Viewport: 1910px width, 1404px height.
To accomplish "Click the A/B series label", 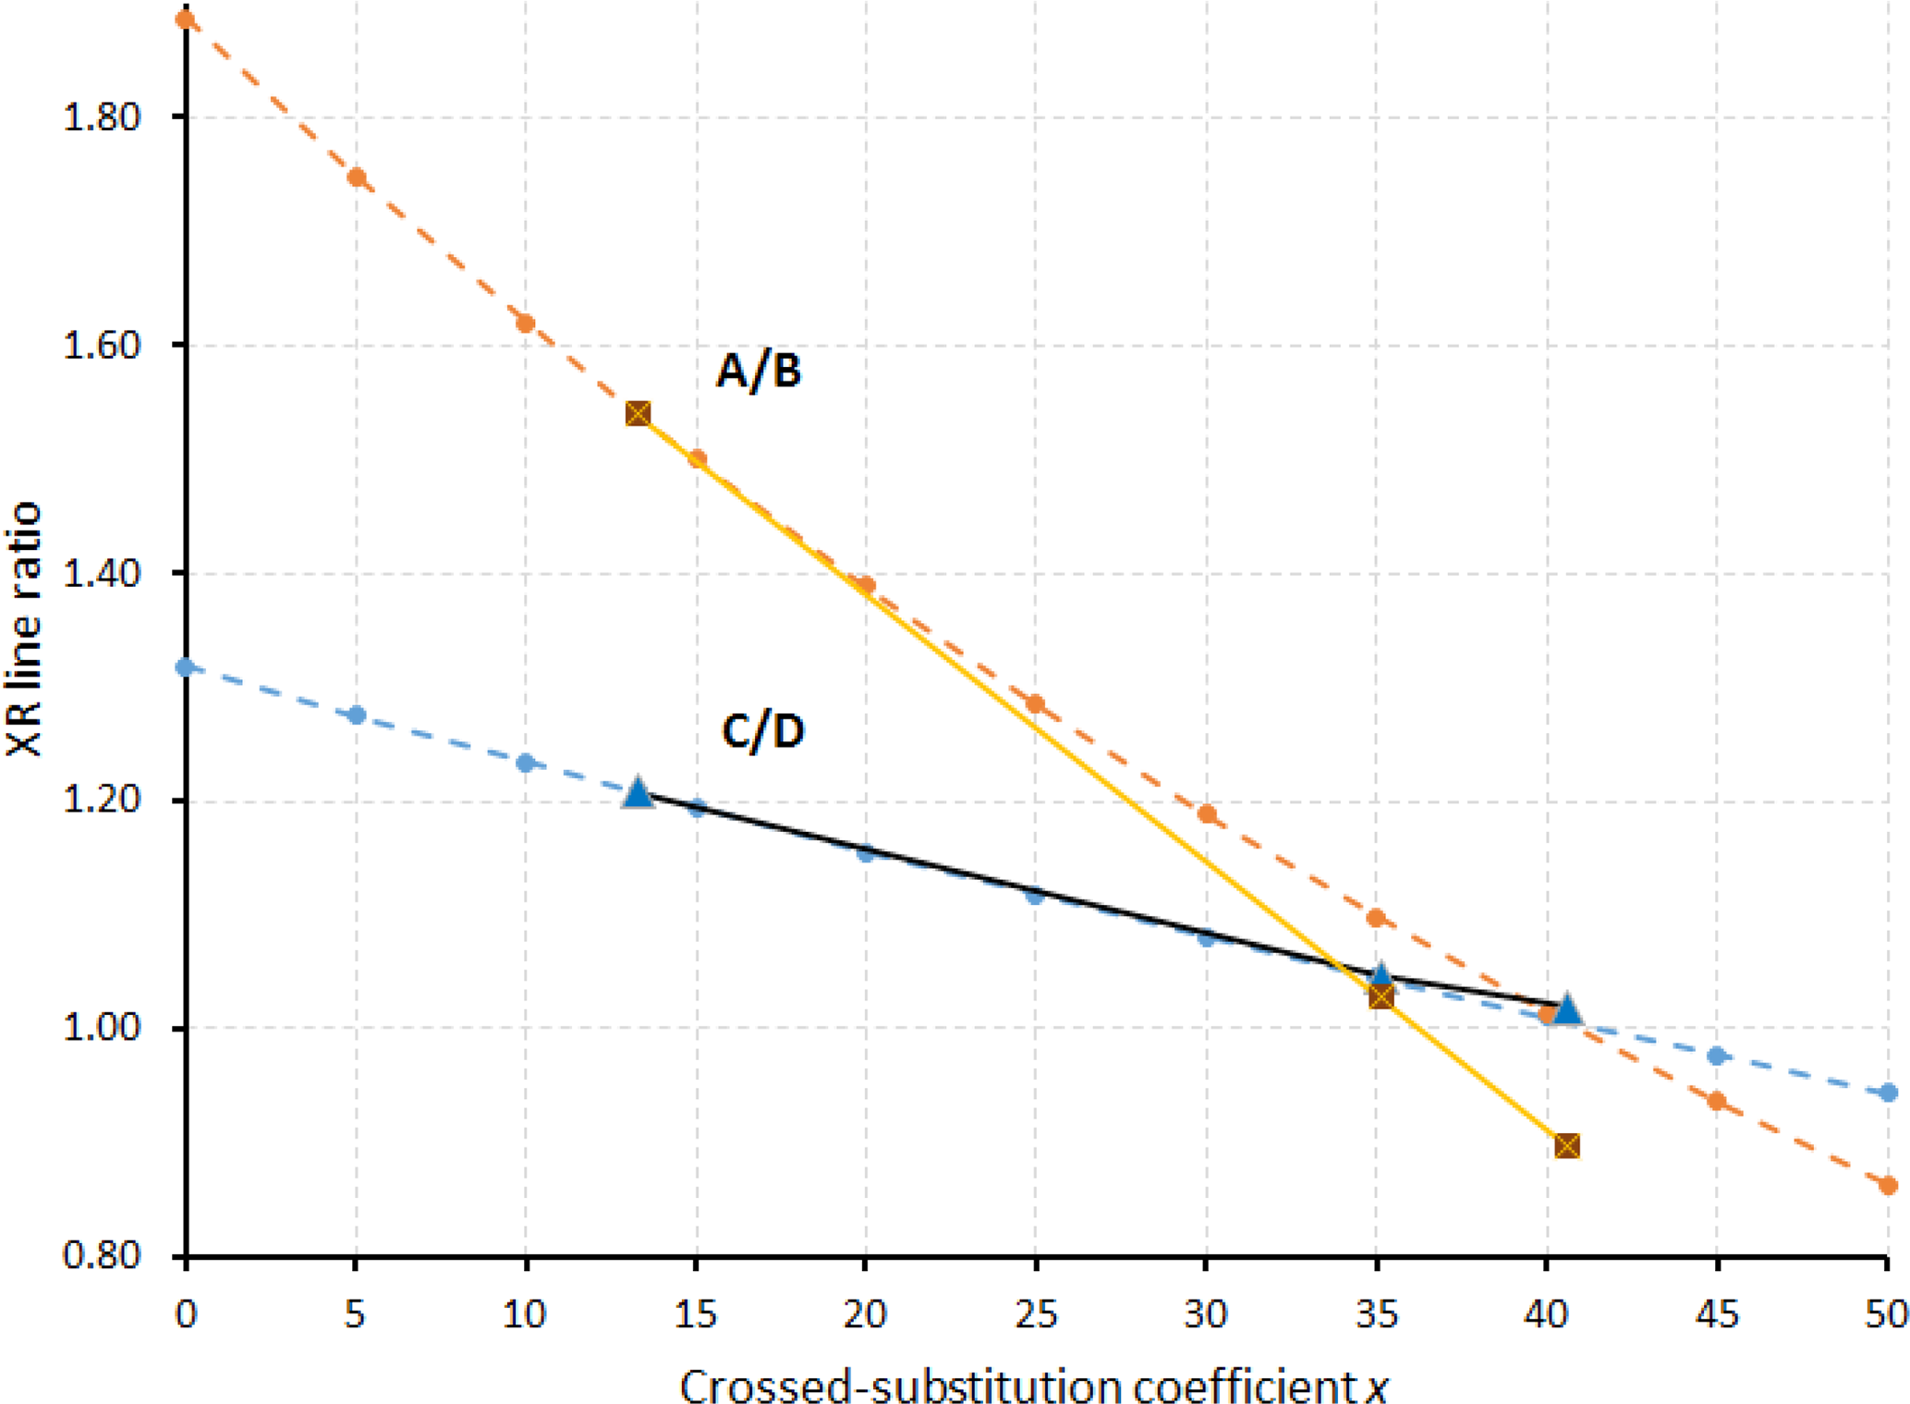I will coord(758,372).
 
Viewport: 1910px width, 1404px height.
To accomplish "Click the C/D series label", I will coord(762,732).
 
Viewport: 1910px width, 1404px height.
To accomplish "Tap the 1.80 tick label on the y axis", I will coord(101,117).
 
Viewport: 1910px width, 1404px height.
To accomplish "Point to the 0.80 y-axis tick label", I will coord(101,1255).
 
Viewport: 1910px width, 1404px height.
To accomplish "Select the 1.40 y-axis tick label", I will coord(101,573).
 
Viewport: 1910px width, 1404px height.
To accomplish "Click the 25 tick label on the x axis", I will coord(1035,1313).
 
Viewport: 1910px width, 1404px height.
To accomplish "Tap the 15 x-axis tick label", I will coord(696,1313).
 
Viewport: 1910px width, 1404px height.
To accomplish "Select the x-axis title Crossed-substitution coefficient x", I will coord(1034,1385).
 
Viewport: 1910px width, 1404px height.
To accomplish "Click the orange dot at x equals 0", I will coord(186,19).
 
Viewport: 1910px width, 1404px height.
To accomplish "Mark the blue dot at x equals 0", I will coord(186,667).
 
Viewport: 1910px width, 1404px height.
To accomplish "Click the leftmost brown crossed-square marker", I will coord(638,413).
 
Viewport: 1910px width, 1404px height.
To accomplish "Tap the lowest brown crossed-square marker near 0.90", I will coord(1566,1146).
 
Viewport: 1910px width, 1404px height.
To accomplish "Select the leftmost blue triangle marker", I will coord(638,793).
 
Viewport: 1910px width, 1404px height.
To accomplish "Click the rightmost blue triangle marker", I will coord(1567,1009).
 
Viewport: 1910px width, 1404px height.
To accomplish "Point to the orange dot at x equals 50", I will coord(1888,1185).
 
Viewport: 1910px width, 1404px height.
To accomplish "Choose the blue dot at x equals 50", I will coord(1888,1093).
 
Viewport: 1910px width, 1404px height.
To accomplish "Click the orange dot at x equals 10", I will coord(526,324).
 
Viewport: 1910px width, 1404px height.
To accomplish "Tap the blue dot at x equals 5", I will coord(356,715).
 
